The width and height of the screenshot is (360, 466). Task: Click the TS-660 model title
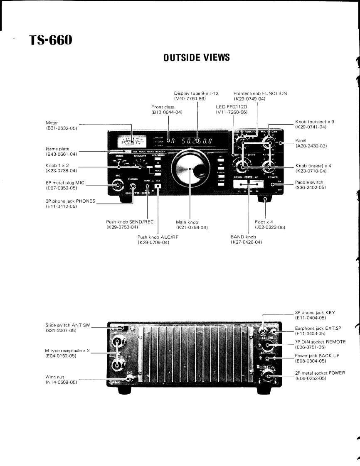coord(50,41)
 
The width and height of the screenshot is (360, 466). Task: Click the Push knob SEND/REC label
coord(126,222)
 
